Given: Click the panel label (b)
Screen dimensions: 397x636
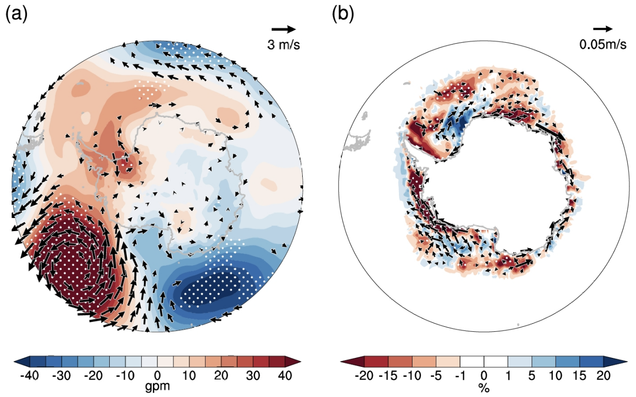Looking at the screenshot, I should pyautogui.click(x=343, y=15).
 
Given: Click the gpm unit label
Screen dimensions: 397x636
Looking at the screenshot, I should pyautogui.click(x=157, y=387).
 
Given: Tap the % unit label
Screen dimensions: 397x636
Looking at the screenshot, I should pyautogui.click(x=484, y=387).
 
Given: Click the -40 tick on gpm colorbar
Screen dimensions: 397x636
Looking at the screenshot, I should pyautogui.click(x=30, y=375).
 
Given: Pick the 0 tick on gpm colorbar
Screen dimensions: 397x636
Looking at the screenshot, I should pyautogui.click(x=157, y=375).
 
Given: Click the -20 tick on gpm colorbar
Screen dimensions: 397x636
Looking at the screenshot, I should pyautogui.click(x=94, y=375).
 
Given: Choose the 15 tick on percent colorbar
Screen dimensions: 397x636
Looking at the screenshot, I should pyautogui.click(x=579, y=375).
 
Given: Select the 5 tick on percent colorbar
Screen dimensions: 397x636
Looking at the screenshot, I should pyautogui.click(x=532, y=375).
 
